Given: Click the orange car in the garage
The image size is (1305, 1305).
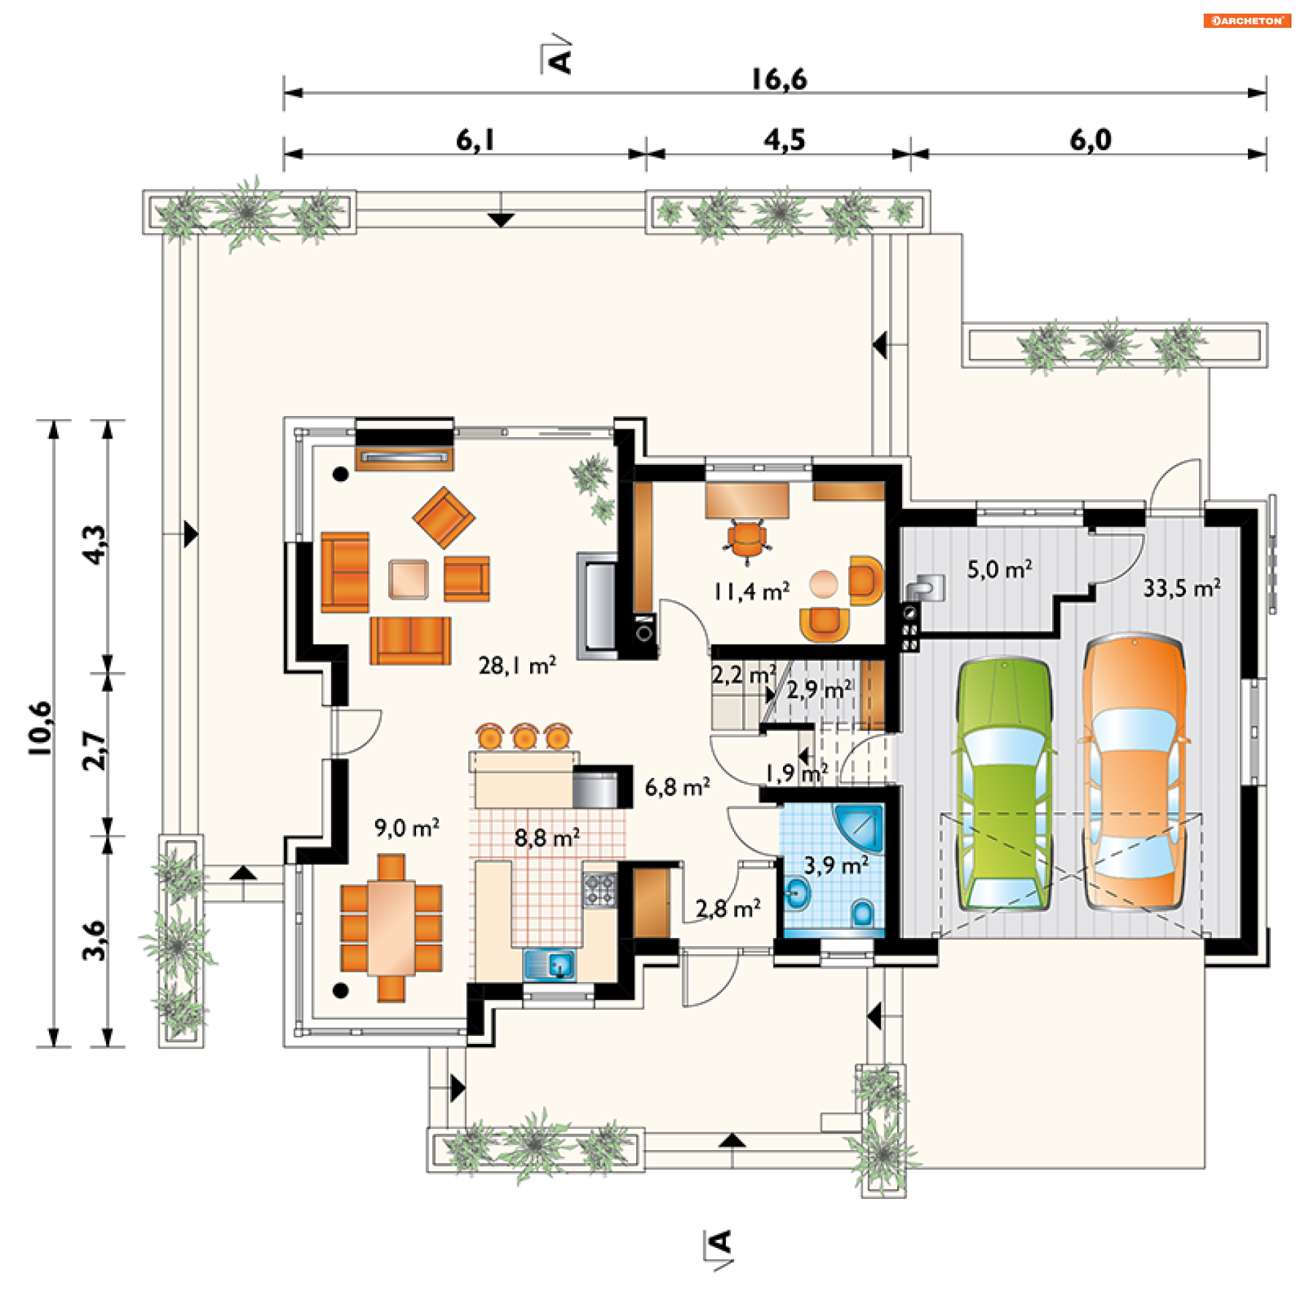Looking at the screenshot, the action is (x=1134, y=771).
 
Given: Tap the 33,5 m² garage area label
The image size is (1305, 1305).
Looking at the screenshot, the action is (x=1181, y=588).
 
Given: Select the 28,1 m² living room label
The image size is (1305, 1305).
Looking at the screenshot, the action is (x=517, y=665).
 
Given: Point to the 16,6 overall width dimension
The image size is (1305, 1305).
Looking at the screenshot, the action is (x=779, y=80).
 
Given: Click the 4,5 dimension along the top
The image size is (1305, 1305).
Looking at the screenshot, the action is (x=784, y=139).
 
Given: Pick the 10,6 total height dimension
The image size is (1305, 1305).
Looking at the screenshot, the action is (x=39, y=728).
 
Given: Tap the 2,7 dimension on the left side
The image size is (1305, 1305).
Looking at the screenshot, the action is (x=94, y=750).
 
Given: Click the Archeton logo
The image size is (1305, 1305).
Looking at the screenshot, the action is (x=1247, y=20).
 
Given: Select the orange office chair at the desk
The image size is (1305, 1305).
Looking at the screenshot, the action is (x=747, y=541).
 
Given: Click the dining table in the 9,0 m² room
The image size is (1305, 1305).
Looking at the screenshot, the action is (x=391, y=927).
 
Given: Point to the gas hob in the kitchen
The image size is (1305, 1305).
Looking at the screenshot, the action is (x=599, y=890).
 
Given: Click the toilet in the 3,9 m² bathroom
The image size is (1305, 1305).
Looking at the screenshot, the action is (x=862, y=912).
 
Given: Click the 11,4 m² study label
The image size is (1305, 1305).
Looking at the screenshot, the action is (x=751, y=592).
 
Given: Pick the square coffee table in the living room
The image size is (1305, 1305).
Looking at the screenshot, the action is (x=408, y=579).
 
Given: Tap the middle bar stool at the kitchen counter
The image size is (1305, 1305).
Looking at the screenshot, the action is (x=525, y=736).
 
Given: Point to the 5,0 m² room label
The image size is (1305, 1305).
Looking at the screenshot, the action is (x=999, y=570).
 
